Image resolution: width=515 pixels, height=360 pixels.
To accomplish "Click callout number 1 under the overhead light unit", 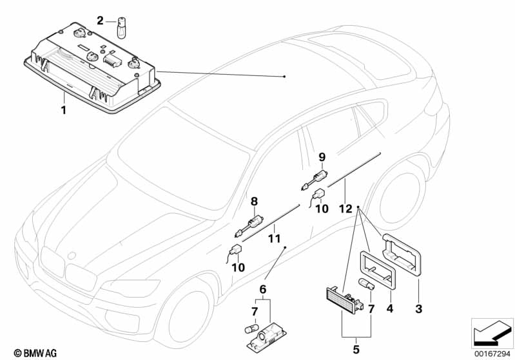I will [63, 111].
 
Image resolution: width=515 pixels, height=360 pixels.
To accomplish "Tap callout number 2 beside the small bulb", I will [100, 21].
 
